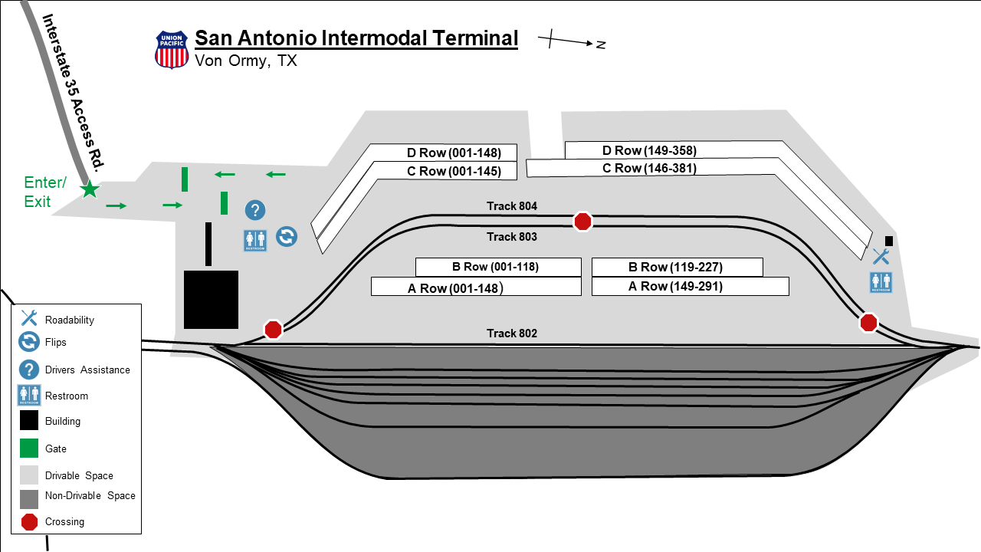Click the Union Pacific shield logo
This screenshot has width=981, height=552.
pyautogui.click(x=172, y=50)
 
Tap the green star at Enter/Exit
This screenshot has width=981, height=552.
pyautogui.click(x=90, y=189)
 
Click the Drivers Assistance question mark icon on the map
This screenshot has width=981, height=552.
pyautogui.click(x=255, y=210)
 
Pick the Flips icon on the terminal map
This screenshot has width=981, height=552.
pyautogui.click(x=287, y=237)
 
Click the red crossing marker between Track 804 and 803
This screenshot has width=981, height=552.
pyautogui.click(x=583, y=222)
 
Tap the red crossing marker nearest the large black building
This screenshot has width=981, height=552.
pyautogui.click(x=274, y=330)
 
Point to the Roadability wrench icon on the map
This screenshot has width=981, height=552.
pyautogui.click(x=881, y=257)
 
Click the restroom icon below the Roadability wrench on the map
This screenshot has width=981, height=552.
pyautogui.click(x=881, y=283)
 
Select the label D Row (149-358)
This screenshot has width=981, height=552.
pyautogui.click(x=649, y=151)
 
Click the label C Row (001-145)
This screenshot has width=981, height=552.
pyautogui.click(x=454, y=171)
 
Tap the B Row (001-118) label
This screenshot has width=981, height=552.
pyautogui.click(x=495, y=267)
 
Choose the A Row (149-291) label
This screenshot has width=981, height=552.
pyautogui.click(x=675, y=287)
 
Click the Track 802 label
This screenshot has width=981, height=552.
pyautogui.click(x=511, y=333)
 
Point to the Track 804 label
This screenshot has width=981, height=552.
pyautogui.click(x=511, y=206)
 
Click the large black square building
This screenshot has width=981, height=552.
pyautogui.click(x=211, y=300)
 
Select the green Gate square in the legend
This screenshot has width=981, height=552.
pyautogui.click(x=29, y=449)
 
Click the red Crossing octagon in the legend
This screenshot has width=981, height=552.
pyautogui.click(x=29, y=522)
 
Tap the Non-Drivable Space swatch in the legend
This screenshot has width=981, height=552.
pyautogui.click(x=29, y=499)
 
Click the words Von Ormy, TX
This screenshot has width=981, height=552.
pyautogui.click(x=246, y=61)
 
